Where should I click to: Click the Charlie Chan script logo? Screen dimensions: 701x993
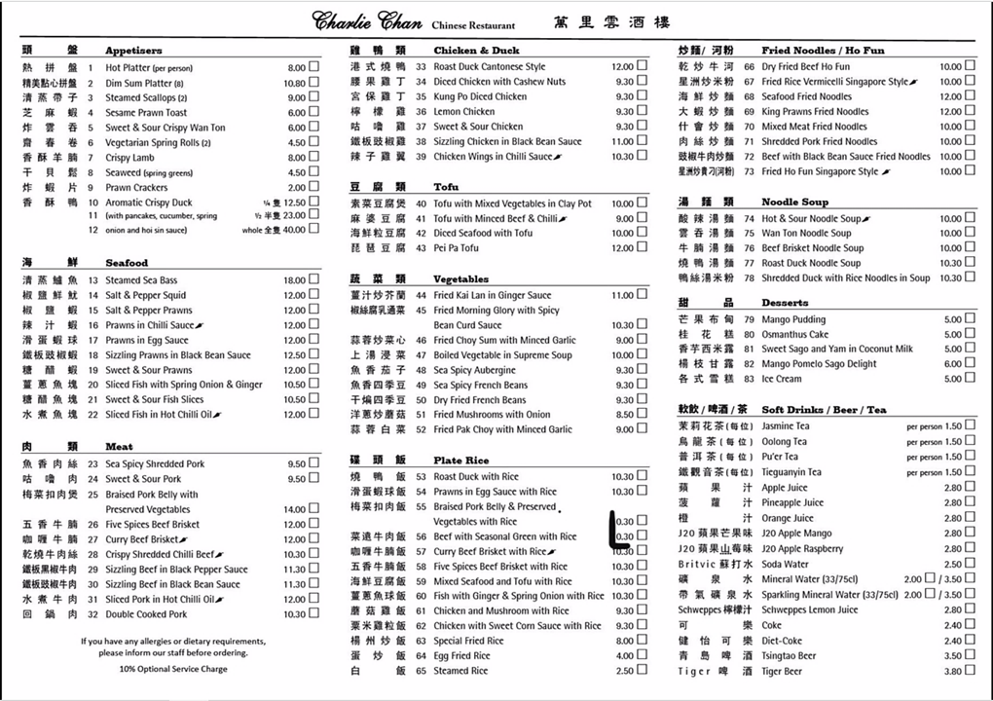click(x=367, y=20)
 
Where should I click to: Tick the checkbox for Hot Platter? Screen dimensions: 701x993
click(x=313, y=68)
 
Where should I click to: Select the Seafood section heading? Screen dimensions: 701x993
click(x=127, y=263)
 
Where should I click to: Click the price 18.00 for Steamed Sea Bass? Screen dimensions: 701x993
click(x=294, y=280)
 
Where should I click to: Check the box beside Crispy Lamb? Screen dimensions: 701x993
click(x=313, y=158)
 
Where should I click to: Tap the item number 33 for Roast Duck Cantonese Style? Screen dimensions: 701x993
click(x=421, y=67)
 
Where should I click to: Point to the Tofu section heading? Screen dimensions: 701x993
click(x=446, y=186)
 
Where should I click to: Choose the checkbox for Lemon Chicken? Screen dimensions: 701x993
click(x=642, y=112)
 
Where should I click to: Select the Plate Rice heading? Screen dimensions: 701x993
click(x=461, y=460)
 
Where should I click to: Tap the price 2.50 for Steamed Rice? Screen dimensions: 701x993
click(x=624, y=671)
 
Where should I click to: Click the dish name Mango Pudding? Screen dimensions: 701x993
click(x=793, y=319)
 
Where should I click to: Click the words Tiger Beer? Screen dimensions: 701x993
click(x=782, y=671)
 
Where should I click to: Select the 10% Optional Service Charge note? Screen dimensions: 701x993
click(x=173, y=669)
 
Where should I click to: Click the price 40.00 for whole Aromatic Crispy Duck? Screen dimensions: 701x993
click(x=294, y=230)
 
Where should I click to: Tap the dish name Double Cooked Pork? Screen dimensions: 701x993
click(x=146, y=614)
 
